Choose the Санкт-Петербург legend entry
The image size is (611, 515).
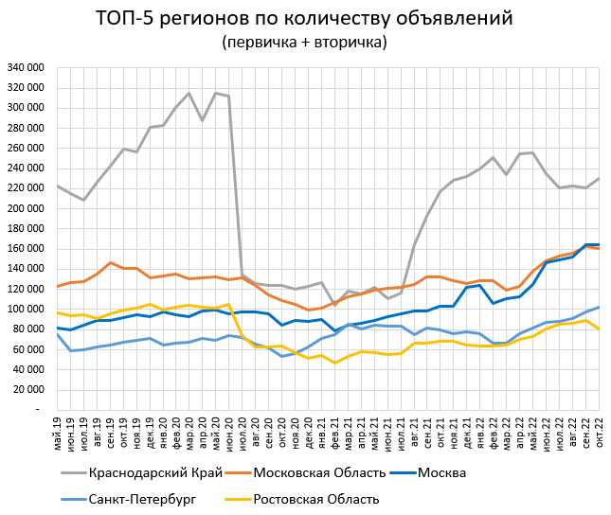(141, 499)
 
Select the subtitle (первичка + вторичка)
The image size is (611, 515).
(304, 43)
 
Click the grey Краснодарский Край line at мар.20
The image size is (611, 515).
(189, 93)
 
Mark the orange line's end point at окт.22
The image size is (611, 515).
(599, 248)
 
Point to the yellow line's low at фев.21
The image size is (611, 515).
(334, 363)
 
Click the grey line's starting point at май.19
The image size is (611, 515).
(58, 186)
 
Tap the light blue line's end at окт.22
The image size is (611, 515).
(599, 307)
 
